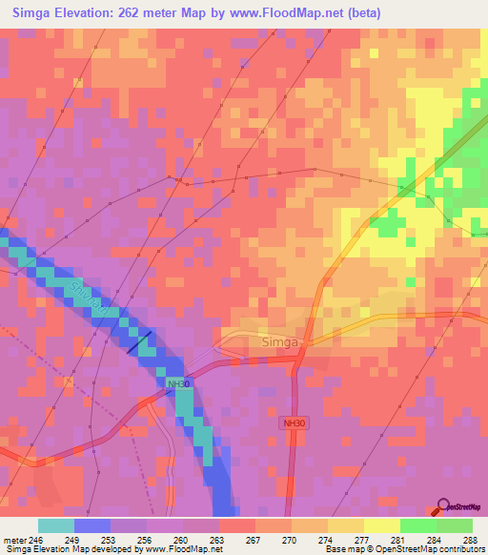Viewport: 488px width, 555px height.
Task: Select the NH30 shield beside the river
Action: pyautogui.click(x=177, y=383)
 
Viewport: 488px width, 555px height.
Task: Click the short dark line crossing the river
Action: pyautogui.click(x=138, y=344)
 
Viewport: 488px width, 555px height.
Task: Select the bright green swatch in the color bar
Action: pyautogui.click(x=417, y=524)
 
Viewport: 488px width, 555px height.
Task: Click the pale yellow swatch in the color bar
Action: pyautogui.click(x=381, y=524)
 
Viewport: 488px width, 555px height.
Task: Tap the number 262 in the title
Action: pyautogui.click(x=139, y=12)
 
